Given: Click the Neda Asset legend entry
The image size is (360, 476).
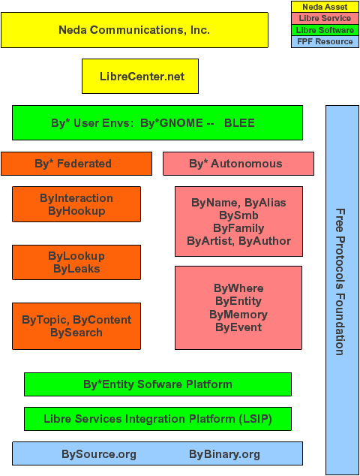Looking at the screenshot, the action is (x=325, y=7).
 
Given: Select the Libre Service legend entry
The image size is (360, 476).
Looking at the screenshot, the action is (x=325, y=19).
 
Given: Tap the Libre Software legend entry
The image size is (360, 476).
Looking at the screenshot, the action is (x=325, y=30).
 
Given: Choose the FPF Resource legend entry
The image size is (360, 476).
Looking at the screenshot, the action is (x=325, y=42).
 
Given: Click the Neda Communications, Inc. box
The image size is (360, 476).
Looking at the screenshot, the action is (x=134, y=30).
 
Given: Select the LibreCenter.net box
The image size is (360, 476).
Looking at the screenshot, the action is (x=140, y=76).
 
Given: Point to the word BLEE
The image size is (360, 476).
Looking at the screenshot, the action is (x=239, y=123).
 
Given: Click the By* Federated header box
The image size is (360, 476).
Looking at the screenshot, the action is (x=76, y=164).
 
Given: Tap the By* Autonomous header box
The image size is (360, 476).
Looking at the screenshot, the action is (x=238, y=164).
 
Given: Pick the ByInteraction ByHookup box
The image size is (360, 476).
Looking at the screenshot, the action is (x=76, y=204).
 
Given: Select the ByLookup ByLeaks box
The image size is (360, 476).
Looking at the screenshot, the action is (x=76, y=262).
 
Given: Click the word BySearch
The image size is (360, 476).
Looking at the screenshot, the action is (x=76, y=333).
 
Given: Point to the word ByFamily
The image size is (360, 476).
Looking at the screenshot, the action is (x=238, y=228).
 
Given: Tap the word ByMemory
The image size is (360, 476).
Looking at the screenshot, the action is (x=238, y=315).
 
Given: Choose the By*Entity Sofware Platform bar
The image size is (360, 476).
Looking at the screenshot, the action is (x=157, y=384).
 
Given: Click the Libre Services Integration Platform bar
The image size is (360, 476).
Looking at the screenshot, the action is (x=157, y=419).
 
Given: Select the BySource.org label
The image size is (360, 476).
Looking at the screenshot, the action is (x=99, y=454).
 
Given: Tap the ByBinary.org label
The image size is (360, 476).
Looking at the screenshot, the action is (x=224, y=454).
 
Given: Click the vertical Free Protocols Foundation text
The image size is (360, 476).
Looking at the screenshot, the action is (x=340, y=282).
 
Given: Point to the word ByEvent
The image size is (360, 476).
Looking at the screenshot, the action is (x=238, y=327).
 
